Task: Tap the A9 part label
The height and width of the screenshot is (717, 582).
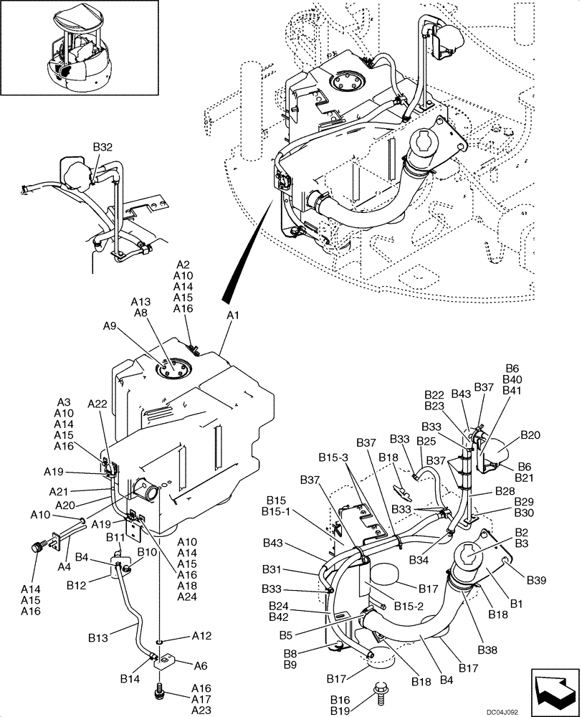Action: (109, 325)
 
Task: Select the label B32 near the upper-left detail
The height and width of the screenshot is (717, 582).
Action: (103, 147)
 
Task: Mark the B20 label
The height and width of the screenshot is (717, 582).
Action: (530, 435)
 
